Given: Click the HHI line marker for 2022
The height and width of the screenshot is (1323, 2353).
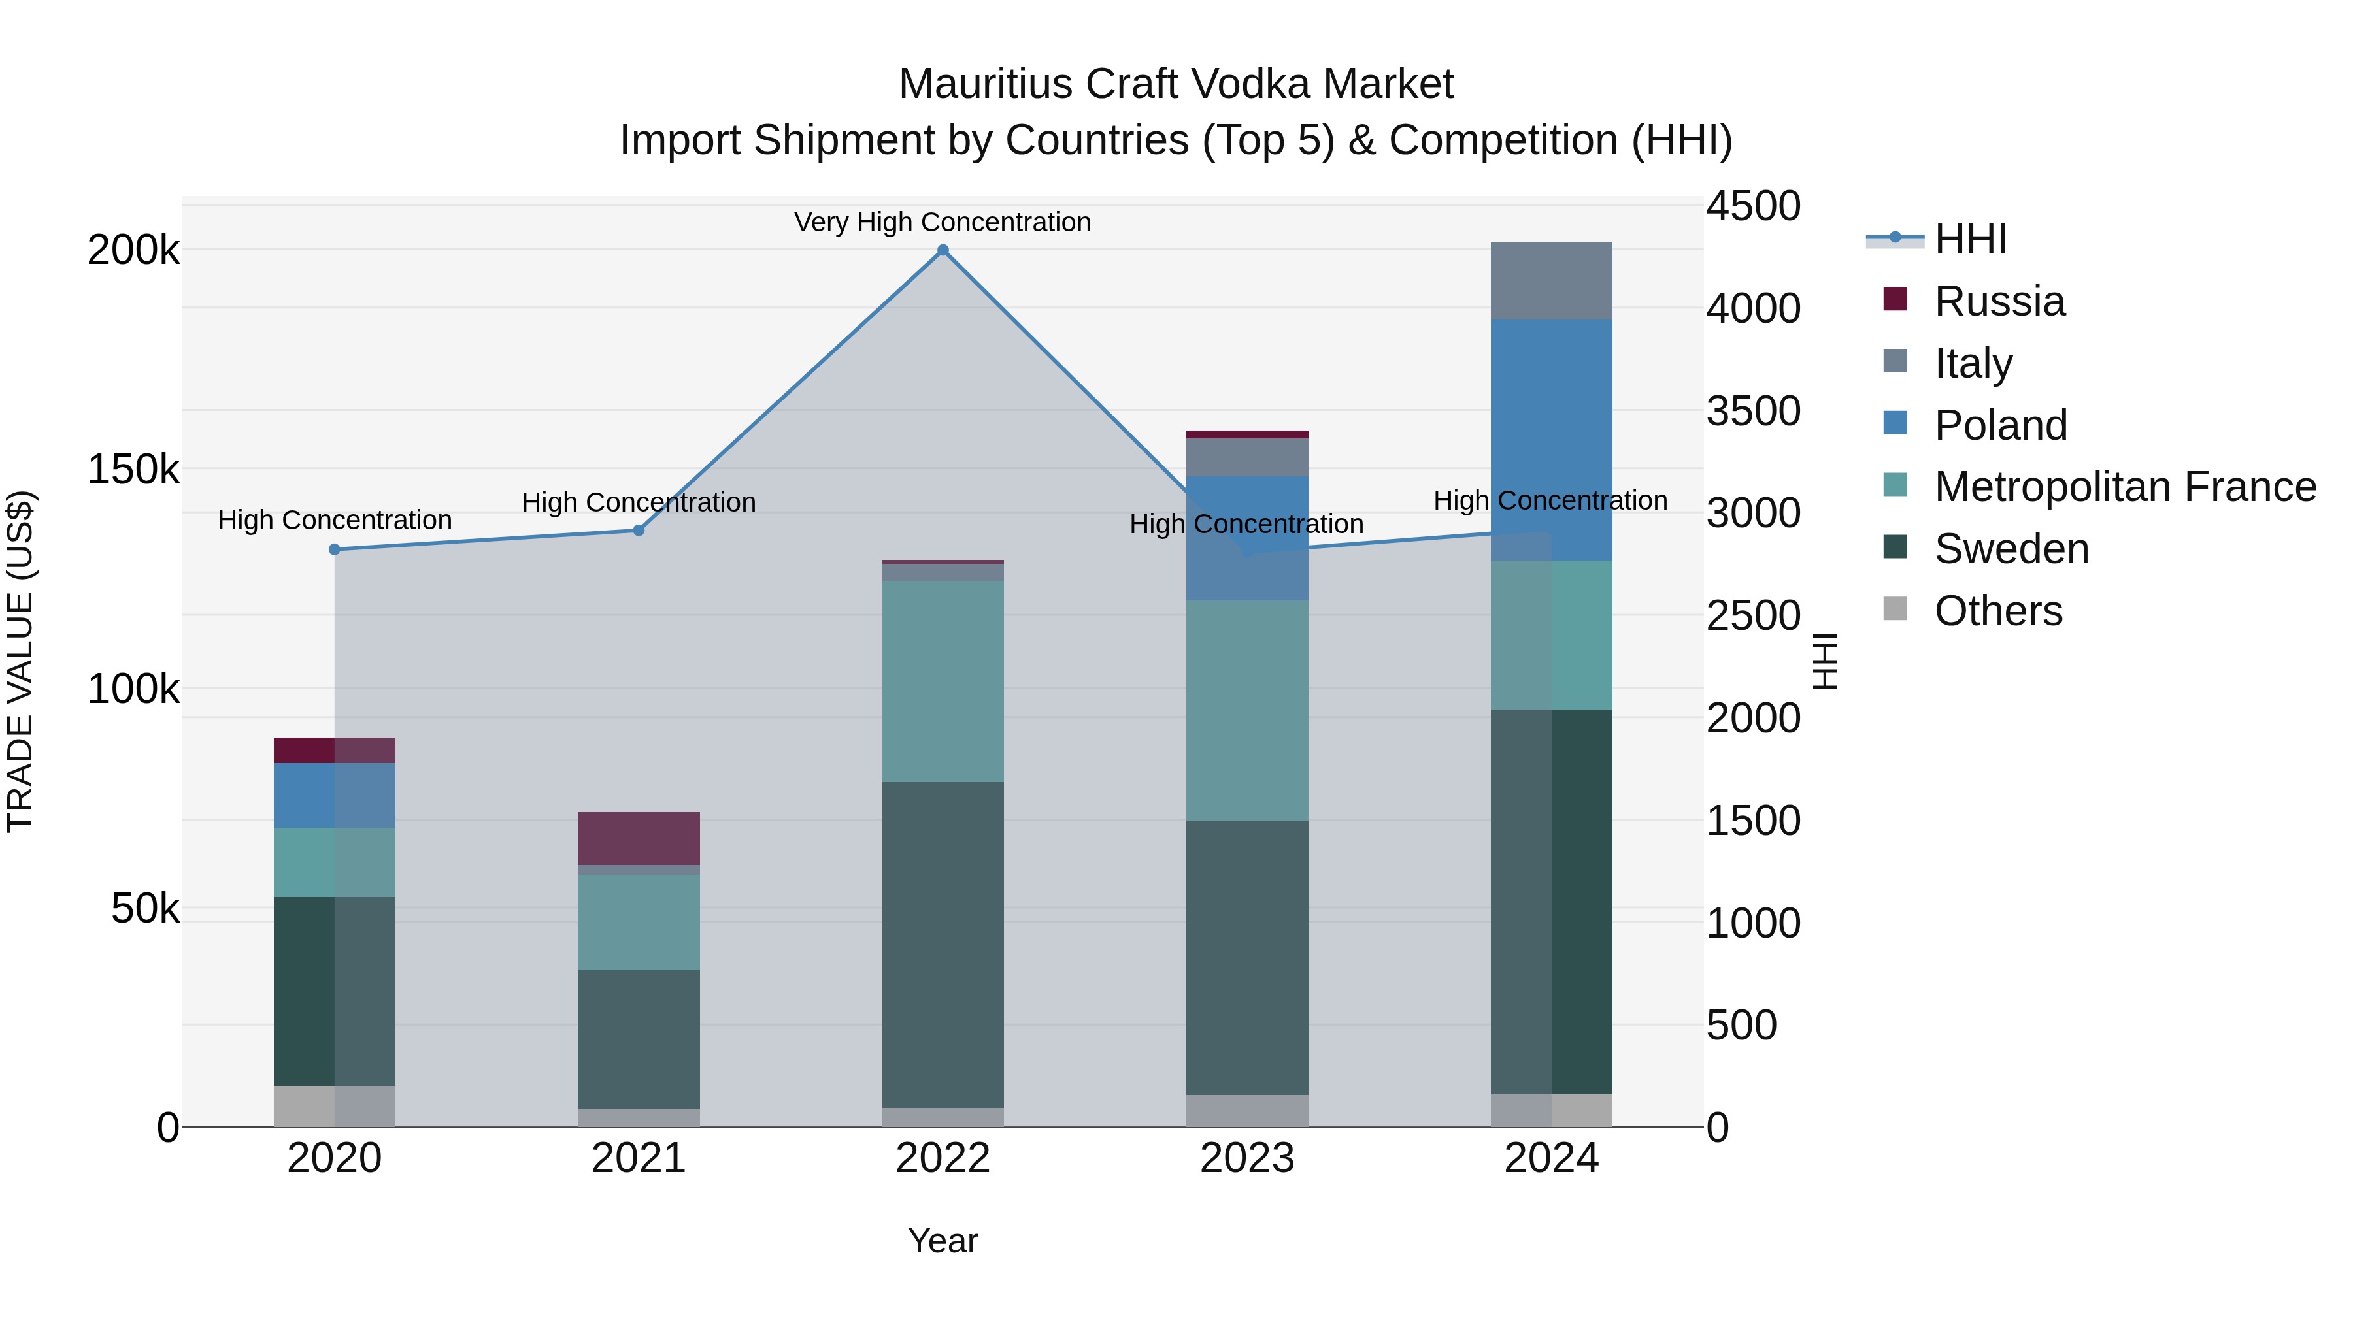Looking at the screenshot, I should pos(943,250).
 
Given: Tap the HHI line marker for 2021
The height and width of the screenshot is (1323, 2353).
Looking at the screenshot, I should pos(639,531).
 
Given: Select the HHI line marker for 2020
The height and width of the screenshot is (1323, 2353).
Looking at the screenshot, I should pos(334,549).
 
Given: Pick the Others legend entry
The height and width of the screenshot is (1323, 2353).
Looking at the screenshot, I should pos(1997,611).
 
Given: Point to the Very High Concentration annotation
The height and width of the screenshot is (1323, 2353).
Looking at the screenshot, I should pos(942,222).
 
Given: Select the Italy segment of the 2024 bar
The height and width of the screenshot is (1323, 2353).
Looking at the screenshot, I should pos(1551,281).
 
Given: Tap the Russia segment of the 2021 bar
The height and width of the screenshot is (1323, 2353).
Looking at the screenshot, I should pos(639,838).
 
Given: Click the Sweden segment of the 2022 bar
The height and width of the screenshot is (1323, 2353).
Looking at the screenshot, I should pos(943,944).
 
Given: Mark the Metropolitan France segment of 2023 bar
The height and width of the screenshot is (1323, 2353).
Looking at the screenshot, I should pos(1247,710).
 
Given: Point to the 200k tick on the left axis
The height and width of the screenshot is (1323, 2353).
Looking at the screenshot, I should pos(133,250).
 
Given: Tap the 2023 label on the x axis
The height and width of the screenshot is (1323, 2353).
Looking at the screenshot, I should pos(1247,1158).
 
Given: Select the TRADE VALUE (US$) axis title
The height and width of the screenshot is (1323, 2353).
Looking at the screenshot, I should pos(20,661).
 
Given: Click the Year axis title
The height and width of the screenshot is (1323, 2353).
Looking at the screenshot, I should pos(943,1241).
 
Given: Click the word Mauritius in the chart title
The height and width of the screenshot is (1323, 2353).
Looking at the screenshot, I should pos(985,84).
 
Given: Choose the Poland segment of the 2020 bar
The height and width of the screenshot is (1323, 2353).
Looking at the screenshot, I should pos(334,795).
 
